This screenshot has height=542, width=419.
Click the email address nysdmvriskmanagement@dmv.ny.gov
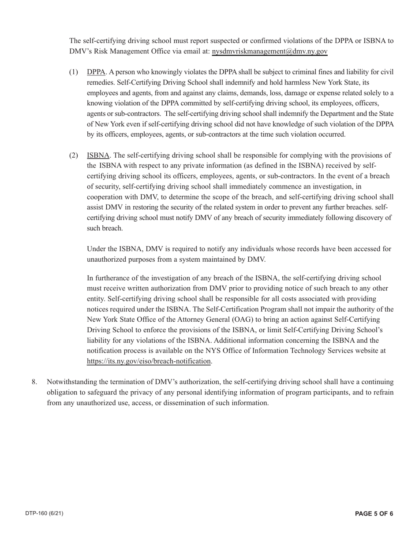pos(269,51)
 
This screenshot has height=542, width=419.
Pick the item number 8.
pos(34,382)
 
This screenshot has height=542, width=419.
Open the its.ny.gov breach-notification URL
pos(149,361)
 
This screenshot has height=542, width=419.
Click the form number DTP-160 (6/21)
pos(44,513)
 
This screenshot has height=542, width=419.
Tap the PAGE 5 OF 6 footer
pos(374,513)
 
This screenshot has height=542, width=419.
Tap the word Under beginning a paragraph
pos(97,249)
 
